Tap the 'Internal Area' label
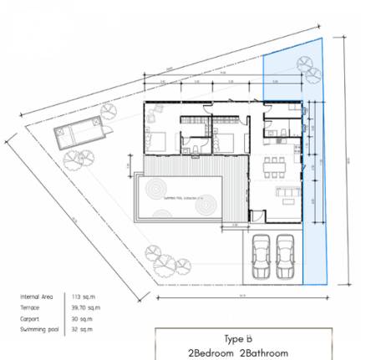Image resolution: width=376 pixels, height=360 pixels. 37,297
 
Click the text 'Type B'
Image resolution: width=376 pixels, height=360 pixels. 239,339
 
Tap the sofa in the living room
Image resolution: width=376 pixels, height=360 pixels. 286,195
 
